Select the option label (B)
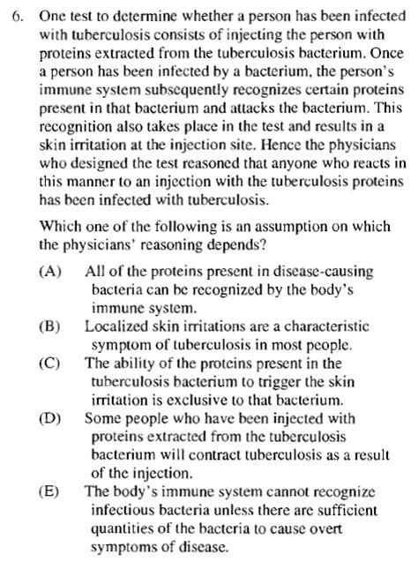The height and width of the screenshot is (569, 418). point(50,326)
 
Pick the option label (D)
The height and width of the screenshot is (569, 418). point(50,419)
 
